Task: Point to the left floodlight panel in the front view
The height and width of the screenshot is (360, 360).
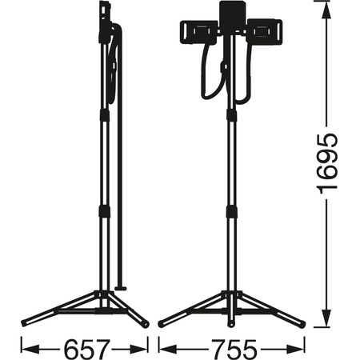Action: [x=194, y=33]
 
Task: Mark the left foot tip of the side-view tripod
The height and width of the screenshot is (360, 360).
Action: [x=24, y=324]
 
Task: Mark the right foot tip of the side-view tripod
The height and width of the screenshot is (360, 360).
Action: [x=145, y=323]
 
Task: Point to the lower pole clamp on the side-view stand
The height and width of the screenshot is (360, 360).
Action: [x=105, y=213]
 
